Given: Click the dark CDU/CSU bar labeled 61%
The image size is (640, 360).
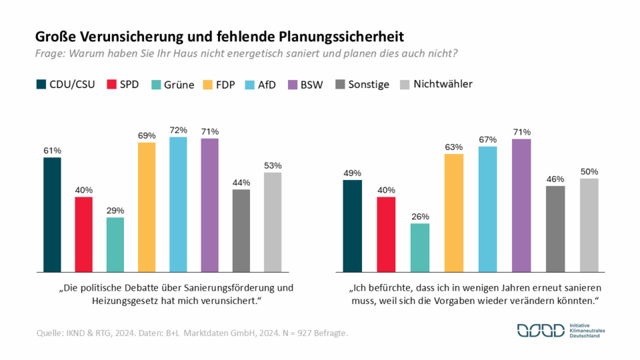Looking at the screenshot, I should coord(52,215).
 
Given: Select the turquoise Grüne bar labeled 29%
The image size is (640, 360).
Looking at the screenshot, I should coord(115,245).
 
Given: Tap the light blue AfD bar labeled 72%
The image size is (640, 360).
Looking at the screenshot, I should coord(178,205).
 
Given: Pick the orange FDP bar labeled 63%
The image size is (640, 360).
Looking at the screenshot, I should coord(453,213).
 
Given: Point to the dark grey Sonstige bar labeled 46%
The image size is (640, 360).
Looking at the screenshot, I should coord(555,229).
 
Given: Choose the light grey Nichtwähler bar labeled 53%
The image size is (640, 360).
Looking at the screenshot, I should coord(273,222).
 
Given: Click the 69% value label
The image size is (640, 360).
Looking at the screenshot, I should coord(147,135).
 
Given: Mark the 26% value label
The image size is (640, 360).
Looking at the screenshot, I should coord(420,216).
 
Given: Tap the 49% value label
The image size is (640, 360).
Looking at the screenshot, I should coord(352,173).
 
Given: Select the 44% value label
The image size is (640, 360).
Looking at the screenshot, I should coord(241,182).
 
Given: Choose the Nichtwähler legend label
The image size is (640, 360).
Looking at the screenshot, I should coord(443,84).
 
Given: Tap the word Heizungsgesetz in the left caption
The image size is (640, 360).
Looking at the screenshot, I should coord(123,302).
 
